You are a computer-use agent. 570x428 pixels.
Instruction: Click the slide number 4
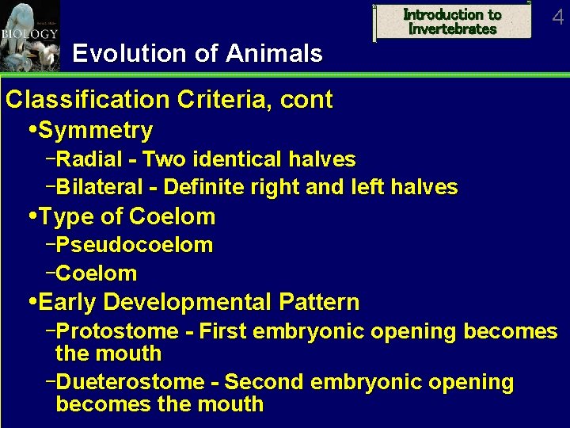click(558, 17)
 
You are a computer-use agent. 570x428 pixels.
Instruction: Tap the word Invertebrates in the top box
click(453, 29)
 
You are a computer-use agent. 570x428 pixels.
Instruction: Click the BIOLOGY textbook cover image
click(29, 36)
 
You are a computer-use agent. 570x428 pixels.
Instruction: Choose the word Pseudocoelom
click(135, 246)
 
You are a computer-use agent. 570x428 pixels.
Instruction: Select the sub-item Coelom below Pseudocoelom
click(97, 274)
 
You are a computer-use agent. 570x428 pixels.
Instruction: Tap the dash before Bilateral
click(51, 187)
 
